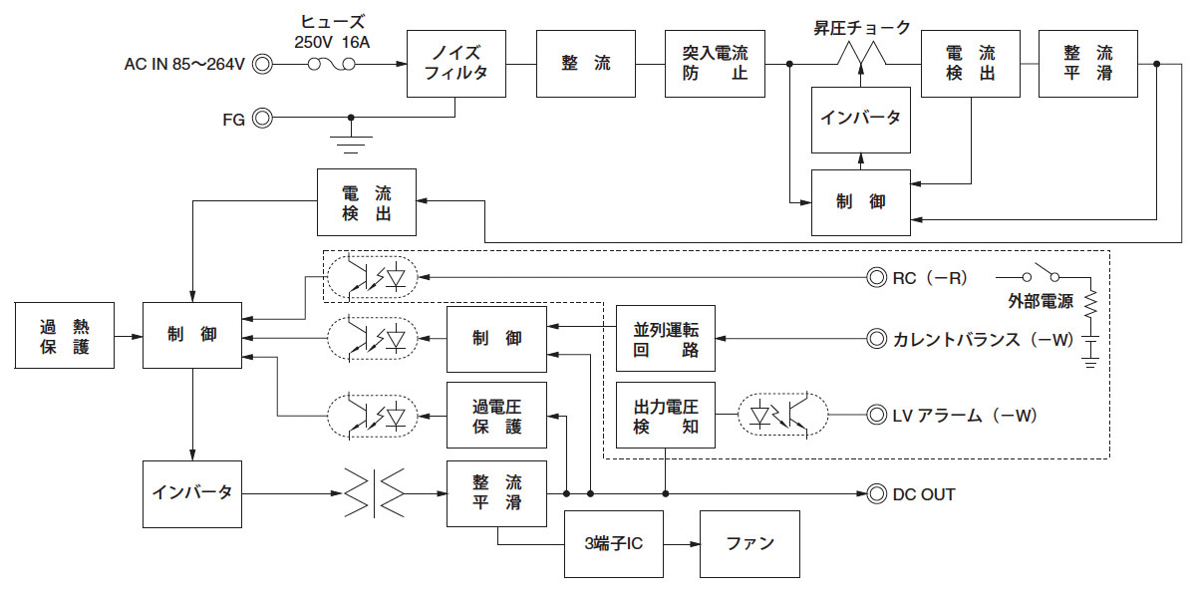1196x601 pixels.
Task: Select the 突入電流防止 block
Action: [x=715, y=64]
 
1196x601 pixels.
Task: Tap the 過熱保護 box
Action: [x=65, y=338]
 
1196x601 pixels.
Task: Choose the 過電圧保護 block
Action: [x=496, y=415]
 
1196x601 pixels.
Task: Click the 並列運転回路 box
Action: [x=666, y=339]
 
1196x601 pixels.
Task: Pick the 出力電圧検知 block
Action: [x=666, y=415]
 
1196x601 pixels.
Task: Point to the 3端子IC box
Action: [x=614, y=544]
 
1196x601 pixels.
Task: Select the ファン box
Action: [x=749, y=544]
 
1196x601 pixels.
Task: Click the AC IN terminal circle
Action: [x=262, y=65]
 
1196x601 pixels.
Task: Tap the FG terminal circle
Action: [x=262, y=118]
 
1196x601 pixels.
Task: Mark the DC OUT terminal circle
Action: [x=877, y=493]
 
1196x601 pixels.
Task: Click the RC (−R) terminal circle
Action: [x=877, y=277]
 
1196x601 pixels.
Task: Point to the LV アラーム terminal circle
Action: [x=877, y=414]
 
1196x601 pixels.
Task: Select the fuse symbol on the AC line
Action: [x=331, y=65]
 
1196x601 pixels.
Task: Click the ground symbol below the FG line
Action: [x=350, y=145]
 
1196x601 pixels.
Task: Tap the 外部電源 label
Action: [x=1038, y=301]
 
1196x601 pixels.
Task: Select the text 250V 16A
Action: [x=332, y=41]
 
